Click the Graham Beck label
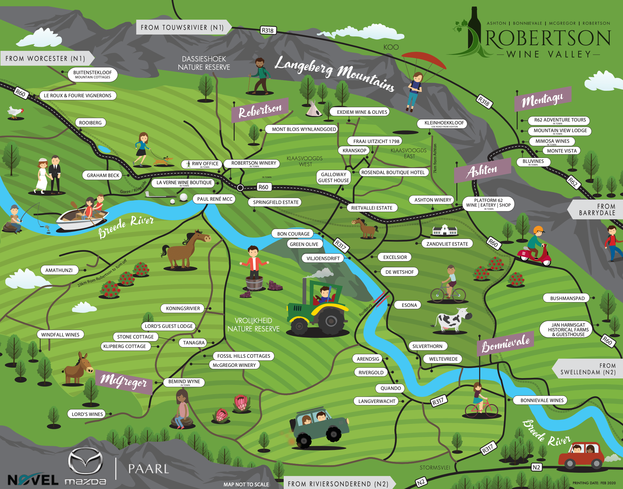103,175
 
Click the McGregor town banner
124,382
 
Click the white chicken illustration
15,112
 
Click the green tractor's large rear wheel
331,321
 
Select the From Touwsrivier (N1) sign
182,27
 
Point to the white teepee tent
314,109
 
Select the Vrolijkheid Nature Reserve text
254,325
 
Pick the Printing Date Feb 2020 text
594,483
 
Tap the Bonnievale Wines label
542,400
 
